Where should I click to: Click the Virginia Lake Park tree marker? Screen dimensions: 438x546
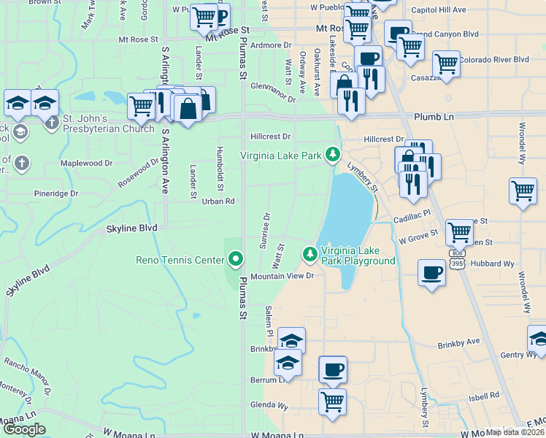point(333,155)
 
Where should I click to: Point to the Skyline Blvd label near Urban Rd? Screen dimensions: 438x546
point(132,228)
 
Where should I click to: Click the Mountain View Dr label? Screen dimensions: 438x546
point(282,276)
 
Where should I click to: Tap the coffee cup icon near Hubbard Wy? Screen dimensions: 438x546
point(431,273)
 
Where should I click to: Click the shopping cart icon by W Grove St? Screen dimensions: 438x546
point(459,232)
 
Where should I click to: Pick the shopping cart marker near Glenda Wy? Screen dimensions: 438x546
point(333,401)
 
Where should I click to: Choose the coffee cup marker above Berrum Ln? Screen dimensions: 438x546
point(333,369)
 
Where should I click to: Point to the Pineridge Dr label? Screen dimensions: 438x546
point(56,193)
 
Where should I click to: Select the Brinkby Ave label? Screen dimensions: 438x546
point(458,342)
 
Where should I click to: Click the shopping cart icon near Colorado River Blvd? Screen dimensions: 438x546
point(446,64)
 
